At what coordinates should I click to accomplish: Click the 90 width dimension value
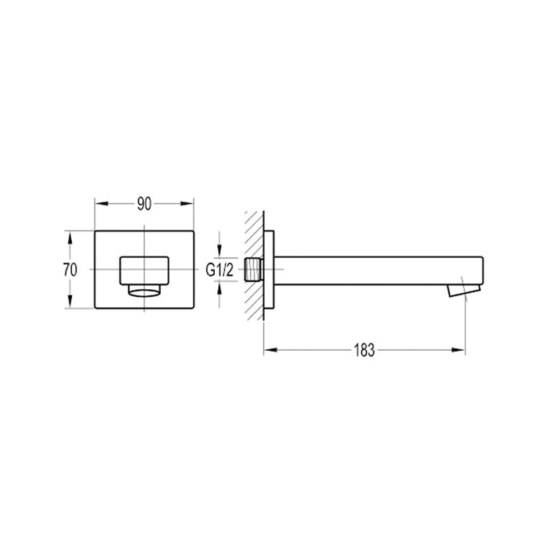coord(144,204)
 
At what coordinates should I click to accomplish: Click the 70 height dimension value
coord(70,270)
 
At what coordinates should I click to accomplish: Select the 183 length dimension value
coord(364,349)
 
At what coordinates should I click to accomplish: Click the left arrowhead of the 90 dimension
coord(99,204)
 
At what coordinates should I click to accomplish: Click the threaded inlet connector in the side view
coord(252,270)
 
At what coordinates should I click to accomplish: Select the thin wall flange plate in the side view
coord(270,270)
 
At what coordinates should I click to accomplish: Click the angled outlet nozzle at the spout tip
coord(459,291)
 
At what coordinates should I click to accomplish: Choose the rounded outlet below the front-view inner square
coord(144,291)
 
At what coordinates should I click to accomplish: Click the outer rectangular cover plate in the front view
coord(105,242)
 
